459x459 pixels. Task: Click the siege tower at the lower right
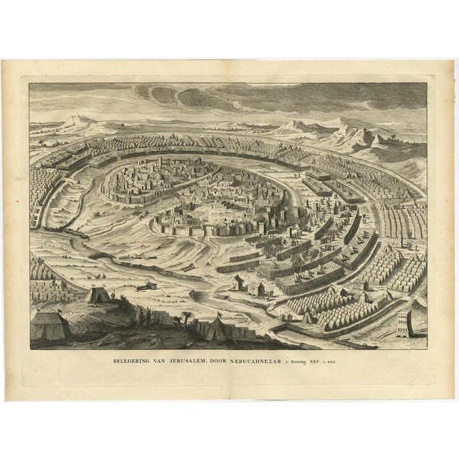pyautogui.click(x=403, y=323)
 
